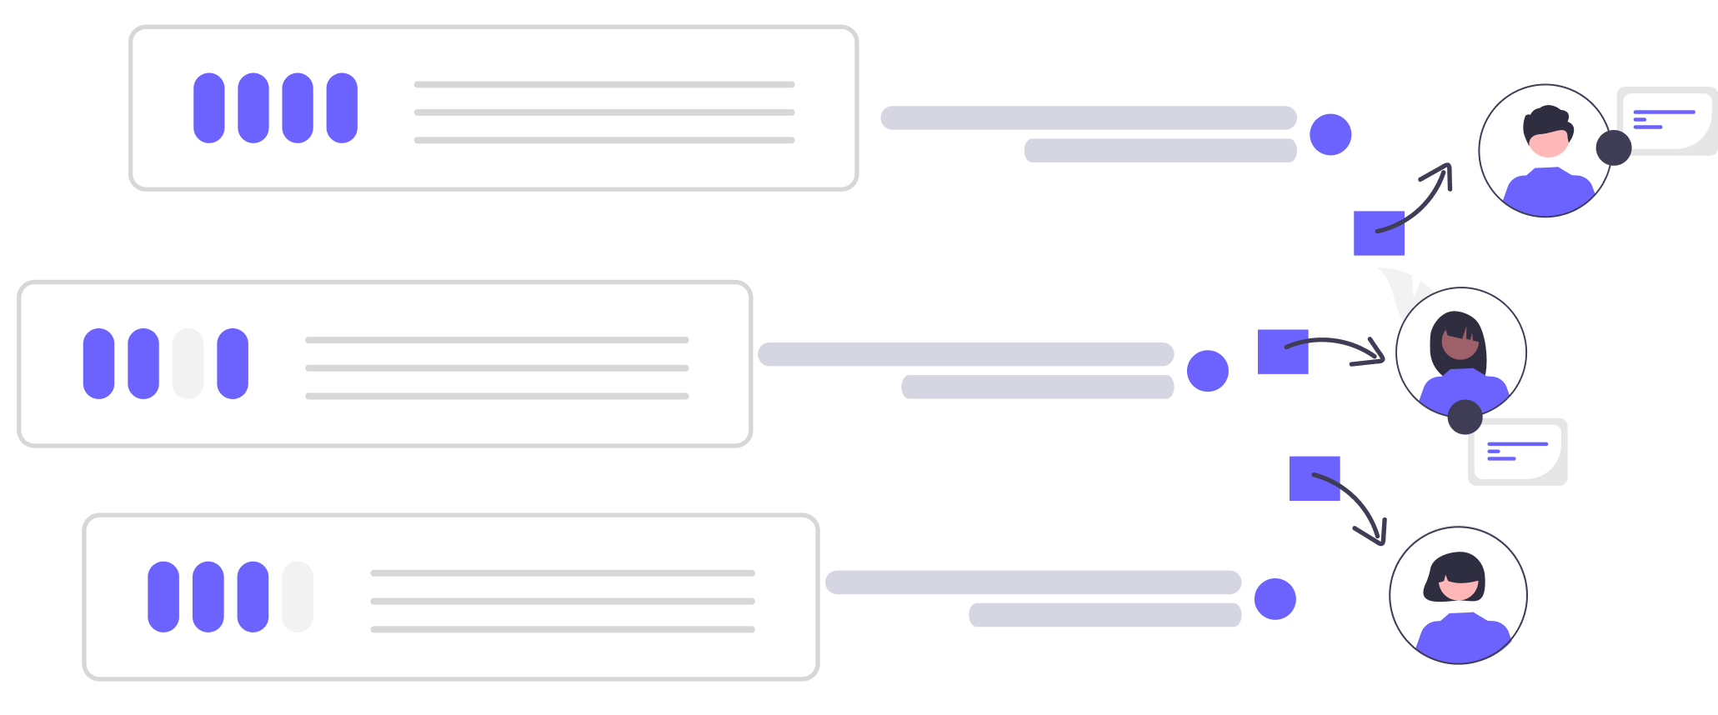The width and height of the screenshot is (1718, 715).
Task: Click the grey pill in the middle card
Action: click(x=188, y=363)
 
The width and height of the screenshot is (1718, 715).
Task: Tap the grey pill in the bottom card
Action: click(x=298, y=597)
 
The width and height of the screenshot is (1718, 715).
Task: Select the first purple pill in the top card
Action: click(x=209, y=107)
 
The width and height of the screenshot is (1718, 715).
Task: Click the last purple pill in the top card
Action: click(x=342, y=107)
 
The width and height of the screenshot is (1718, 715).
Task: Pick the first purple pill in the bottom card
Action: click(x=163, y=597)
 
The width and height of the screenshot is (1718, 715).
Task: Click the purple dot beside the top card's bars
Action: click(x=1330, y=134)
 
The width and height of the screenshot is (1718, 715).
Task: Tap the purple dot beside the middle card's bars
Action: click(x=1208, y=371)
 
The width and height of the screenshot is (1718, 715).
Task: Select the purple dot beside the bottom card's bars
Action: click(x=1275, y=599)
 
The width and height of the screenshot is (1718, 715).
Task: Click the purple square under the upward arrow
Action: click(x=1379, y=233)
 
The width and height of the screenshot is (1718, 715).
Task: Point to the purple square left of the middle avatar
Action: click(x=1283, y=352)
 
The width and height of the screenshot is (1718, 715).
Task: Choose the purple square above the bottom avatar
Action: click(x=1315, y=478)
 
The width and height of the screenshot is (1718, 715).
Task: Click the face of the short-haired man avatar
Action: click(x=1548, y=140)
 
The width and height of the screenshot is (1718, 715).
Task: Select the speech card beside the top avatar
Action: click(x=1665, y=120)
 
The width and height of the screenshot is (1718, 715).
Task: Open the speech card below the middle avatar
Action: click(x=1518, y=451)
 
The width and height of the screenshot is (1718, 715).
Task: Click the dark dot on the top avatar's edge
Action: click(x=1614, y=147)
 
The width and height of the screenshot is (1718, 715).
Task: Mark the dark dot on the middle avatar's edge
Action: click(x=1465, y=417)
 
